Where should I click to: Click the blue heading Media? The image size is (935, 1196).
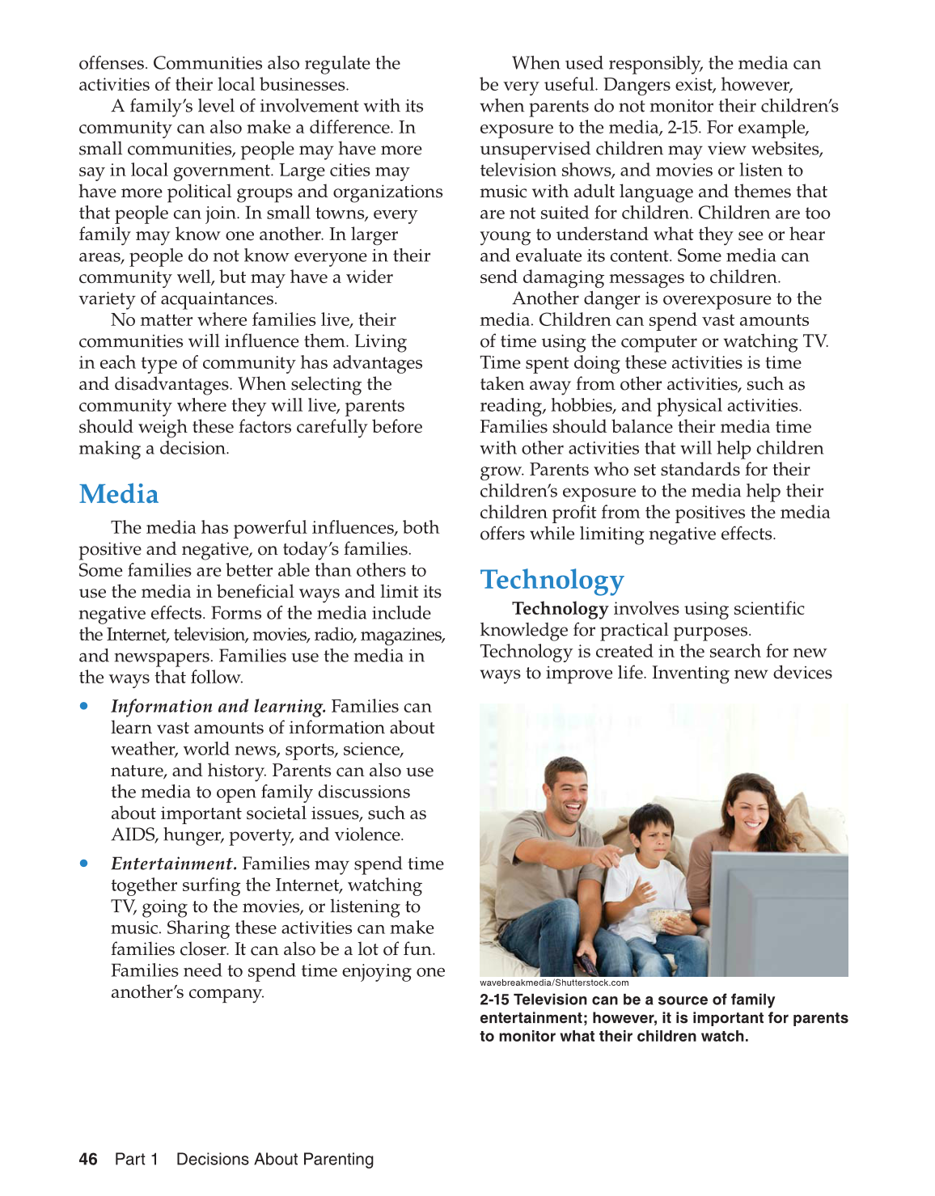119,494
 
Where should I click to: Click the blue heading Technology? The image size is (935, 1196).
552,580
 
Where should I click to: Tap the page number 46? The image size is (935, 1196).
88,1159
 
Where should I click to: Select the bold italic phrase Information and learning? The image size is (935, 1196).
218,707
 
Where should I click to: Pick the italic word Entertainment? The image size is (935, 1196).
174,864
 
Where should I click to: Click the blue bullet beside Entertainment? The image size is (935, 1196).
84,864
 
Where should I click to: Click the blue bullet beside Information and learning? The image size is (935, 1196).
84,706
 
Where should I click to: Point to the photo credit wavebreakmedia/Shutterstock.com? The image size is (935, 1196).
554,983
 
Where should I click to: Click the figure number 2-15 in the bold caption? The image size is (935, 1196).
494,1000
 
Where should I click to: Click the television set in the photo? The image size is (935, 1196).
777,914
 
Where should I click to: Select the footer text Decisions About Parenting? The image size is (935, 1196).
275,1159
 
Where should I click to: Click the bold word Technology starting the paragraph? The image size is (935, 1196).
560,609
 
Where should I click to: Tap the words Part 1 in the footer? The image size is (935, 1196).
137,1159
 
